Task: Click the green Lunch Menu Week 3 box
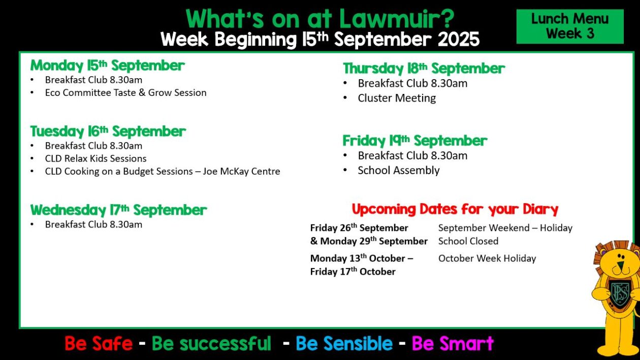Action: point(570,26)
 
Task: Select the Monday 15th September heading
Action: point(108,66)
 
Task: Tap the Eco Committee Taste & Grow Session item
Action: point(126,92)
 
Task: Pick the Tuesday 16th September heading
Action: point(108,132)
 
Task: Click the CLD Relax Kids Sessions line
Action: point(95,158)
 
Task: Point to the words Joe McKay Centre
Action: point(241,171)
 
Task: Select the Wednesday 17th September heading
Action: point(118,210)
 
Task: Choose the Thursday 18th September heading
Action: point(424,69)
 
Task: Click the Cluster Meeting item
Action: point(397,98)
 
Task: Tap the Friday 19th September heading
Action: point(415,141)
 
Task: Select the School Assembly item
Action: point(399,170)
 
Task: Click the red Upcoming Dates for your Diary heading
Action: point(455,209)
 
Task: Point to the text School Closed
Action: point(468,241)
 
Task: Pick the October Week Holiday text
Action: point(487,258)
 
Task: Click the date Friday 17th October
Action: point(353,271)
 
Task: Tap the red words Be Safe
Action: point(99,343)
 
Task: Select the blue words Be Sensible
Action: point(344,343)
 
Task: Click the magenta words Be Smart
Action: point(453,343)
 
